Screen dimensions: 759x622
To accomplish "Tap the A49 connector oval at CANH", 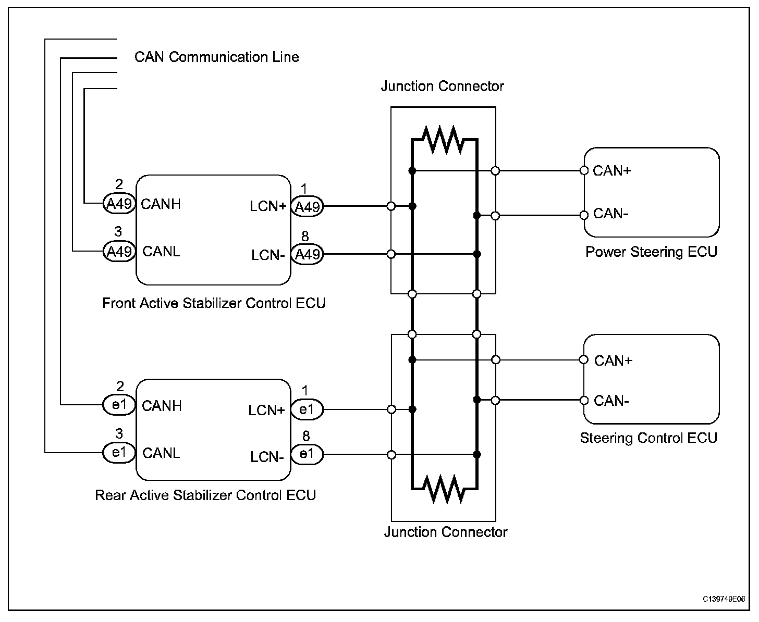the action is coord(119,204).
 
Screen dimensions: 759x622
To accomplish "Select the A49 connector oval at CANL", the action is coord(119,251).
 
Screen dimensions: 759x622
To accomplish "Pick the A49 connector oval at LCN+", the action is coord(307,206).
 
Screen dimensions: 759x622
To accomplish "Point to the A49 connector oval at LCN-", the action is coord(307,254).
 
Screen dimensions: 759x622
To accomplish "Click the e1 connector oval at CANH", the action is coord(119,405).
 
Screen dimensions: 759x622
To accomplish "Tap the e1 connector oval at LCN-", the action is coord(307,454).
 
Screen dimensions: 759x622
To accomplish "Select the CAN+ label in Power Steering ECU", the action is coord(612,170).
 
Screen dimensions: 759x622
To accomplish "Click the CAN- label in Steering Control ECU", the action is coord(611,401).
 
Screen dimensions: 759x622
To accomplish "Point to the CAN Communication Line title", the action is coord(217,57).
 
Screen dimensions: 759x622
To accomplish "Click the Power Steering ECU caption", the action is coord(652,252).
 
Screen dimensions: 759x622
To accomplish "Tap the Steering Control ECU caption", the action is coord(648,438).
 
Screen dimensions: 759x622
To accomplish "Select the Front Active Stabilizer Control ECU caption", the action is coord(214,303).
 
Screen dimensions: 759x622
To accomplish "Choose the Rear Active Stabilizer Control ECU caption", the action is coord(205,495).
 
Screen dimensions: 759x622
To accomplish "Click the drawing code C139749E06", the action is coord(724,599).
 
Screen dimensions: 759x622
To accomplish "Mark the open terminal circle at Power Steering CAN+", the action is coord(584,170).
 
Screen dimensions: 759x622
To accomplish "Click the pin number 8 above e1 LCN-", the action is coord(306,436).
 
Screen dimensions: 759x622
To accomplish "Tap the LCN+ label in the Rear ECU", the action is coord(266,410).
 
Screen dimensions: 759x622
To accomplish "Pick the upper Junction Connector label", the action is coord(442,86).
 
